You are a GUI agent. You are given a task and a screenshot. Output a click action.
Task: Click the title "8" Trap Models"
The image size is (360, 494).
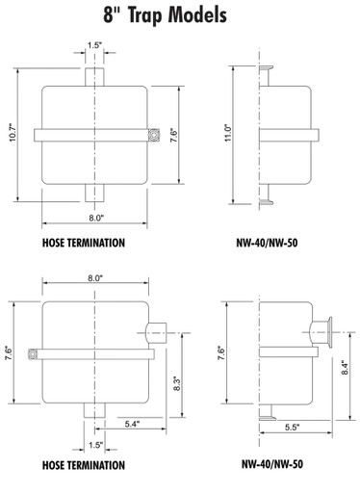[x=165, y=14]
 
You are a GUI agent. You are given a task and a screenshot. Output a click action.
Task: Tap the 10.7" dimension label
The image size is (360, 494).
[x=13, y=132]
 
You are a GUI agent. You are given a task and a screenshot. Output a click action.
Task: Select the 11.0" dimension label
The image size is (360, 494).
[x=228, y=133]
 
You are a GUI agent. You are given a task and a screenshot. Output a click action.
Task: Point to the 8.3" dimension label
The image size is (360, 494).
[x=177, y=383]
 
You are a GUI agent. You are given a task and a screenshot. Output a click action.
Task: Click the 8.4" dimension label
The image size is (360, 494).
[x=345, y=368]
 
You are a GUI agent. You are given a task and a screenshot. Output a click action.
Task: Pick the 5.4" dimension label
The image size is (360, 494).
[x=132, y=424]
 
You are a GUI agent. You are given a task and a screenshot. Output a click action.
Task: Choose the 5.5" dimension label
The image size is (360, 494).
[x=292, y=428]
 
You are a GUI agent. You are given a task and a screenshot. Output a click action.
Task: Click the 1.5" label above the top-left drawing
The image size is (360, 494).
[x=94, y=45]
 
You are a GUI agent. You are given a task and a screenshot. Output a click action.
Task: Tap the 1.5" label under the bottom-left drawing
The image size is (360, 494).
[x=95, y=445]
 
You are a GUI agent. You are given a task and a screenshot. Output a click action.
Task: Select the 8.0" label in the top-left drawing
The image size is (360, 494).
[x=96, y=218]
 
